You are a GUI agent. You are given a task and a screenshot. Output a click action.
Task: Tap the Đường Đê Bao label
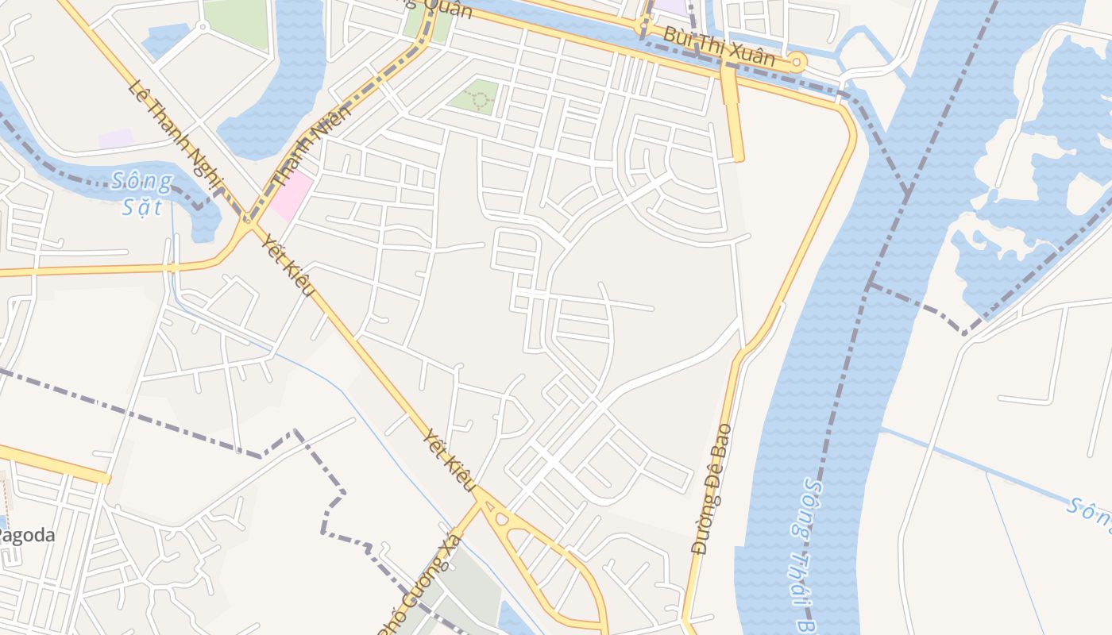711,488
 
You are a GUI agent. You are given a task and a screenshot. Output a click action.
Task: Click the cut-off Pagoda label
28,535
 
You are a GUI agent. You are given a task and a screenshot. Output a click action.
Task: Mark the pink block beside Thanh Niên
290,195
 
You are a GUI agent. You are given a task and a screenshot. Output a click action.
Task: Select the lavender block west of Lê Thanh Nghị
115,138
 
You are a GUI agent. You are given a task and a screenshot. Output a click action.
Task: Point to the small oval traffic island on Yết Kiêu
501,520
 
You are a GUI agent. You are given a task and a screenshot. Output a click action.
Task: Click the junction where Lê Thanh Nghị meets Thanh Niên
247,221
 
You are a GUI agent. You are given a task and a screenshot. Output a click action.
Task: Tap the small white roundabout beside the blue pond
202,26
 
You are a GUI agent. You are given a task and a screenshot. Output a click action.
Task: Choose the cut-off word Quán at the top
445,8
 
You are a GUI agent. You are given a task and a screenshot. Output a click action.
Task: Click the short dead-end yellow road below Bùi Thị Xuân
732,115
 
